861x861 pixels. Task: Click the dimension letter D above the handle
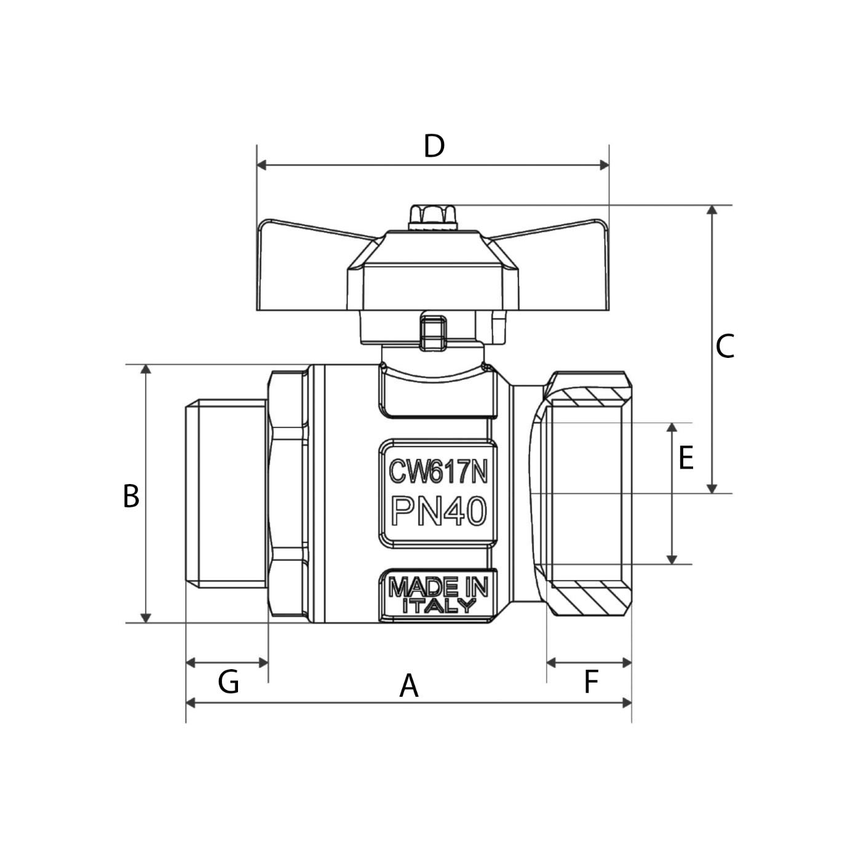click(434, 146)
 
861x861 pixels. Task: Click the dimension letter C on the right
click(724, 347)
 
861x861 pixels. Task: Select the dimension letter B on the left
click(131, 496)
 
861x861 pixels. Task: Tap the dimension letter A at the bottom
click(409, 686)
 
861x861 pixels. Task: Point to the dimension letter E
click(686, 458)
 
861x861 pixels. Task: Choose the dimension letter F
click(590, 682)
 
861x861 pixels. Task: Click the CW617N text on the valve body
click(438, 472)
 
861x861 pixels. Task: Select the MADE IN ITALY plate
click(438, 595)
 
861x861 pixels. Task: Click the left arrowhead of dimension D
click(261, 165)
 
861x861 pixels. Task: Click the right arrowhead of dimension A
click(627, 702)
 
